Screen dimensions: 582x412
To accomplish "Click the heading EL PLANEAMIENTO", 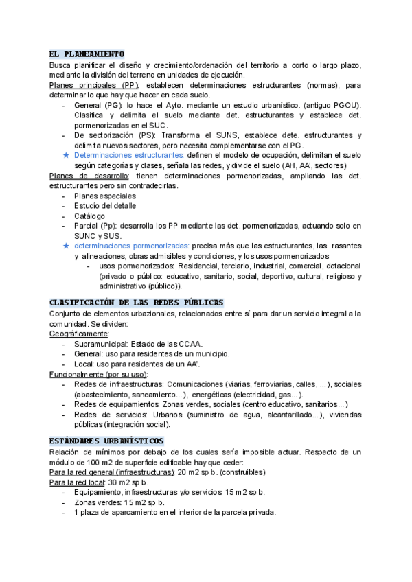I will pos(87,54).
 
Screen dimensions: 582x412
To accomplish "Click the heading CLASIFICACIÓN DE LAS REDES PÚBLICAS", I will pos(137,303).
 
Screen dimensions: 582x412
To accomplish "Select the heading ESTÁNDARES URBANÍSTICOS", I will pos(106,441).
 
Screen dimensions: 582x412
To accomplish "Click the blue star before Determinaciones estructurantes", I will pos(65,156).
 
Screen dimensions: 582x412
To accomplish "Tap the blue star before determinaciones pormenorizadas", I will pos(65,245).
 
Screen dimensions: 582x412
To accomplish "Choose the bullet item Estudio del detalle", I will pos(105,206).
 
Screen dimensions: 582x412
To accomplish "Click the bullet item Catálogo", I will pos(89,216).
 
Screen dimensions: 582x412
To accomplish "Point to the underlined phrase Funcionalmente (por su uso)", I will pos(98,375).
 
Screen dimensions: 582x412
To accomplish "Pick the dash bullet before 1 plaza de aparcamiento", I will pos(65,513).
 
